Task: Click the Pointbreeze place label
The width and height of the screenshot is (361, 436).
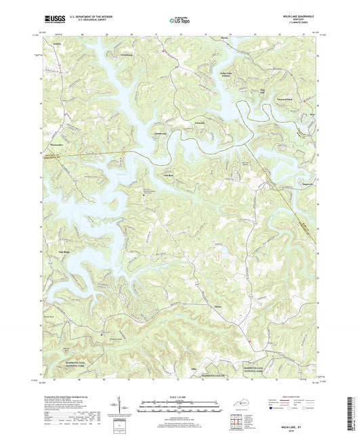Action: tap(161, 134)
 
